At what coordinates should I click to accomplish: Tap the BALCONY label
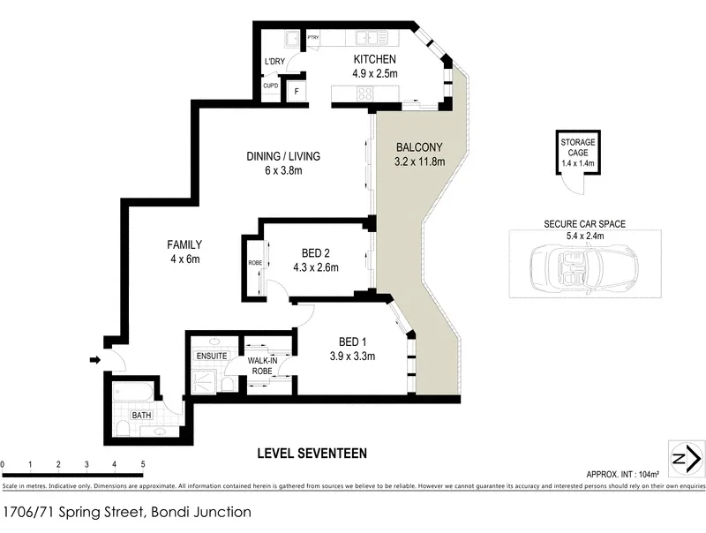click(x=418, y=147)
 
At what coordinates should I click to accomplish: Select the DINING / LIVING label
click(x=283, y=156)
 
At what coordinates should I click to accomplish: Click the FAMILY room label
click(x=185, y=245)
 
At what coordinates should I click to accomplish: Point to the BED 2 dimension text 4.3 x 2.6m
click(x=314, y=267)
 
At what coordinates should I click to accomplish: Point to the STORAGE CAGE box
click(x=577, y=152)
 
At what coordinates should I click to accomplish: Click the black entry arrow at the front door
click(x=94, y=359)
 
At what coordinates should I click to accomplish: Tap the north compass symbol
click(x=685, y=458)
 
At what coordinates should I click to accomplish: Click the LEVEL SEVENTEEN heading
click(x=311, y=454)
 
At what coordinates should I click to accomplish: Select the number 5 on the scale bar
click(x=142, y=463)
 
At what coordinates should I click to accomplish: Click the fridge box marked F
click(x=296, y=91)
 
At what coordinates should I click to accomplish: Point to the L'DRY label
click(x=275, y=61)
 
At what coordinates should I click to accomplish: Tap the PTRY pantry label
click(x=313, y=37)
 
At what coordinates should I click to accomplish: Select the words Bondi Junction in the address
click(x=199, y=512)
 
